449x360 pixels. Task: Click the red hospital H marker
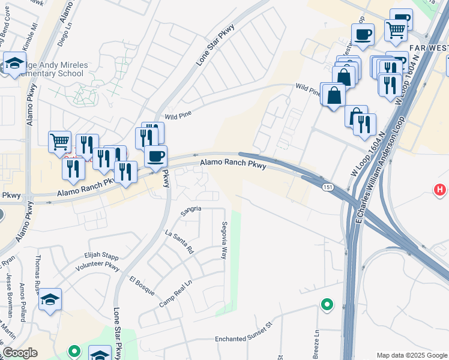coord(440,190)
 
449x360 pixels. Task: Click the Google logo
coord(20,353)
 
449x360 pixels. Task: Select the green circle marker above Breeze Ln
coord(327,305)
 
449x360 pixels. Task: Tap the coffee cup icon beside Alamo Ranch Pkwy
coord(156,157)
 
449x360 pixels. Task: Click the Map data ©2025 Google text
coord(411,355)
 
